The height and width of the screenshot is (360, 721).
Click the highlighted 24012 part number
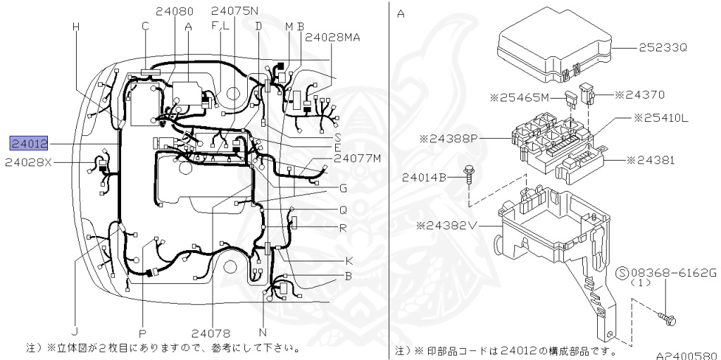[29, 143]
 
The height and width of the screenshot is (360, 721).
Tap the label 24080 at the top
[175, 11]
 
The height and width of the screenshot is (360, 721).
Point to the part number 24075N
[234, 11]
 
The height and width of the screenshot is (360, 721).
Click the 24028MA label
[333, 37]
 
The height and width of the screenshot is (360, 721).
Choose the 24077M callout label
[357, 158]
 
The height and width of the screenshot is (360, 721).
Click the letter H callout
[75, 27]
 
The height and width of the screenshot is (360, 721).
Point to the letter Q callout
[343, 209]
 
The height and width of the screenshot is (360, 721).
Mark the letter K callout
[349, 260]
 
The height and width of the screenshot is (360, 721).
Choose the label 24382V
[447, 225]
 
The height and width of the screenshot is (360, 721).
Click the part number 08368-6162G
[672, 272]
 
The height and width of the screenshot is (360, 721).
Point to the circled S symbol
[622, 272]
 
